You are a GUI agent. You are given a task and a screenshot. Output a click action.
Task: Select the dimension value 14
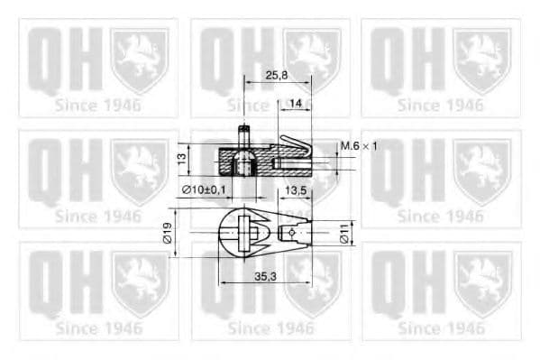[x=296, y=105]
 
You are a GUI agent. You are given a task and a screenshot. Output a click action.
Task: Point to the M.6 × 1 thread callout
[x=359, y=145]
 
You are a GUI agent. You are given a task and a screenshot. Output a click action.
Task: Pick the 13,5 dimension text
[x=297, y=190]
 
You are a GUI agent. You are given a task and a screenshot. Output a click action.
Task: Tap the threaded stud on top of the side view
[x=243, y=138]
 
